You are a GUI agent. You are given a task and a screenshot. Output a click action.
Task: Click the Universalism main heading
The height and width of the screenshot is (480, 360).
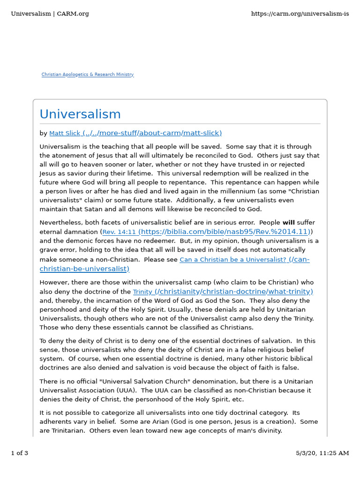(x=80, y=114)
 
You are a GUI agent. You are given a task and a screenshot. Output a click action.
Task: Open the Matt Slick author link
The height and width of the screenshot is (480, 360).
(x=135, y=133)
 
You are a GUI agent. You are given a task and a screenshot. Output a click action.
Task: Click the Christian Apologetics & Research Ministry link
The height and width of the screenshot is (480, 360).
(x=88, y=75)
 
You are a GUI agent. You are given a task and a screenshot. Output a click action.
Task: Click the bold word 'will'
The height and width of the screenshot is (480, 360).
(x=288, y=223)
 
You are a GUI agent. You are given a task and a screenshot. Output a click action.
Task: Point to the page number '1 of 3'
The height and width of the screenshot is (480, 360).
(x=20, y=453)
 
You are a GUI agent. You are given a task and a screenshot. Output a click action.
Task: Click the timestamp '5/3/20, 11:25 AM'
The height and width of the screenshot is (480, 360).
(x=322, y=453)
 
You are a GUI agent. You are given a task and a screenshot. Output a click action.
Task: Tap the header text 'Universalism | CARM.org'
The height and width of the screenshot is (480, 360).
(x=50, y=14)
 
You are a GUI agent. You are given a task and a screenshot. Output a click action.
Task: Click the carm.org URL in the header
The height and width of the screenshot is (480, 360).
(x=300, y=14)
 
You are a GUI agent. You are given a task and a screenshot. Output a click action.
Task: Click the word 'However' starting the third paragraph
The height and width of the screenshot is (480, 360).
(x=53, y=283)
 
